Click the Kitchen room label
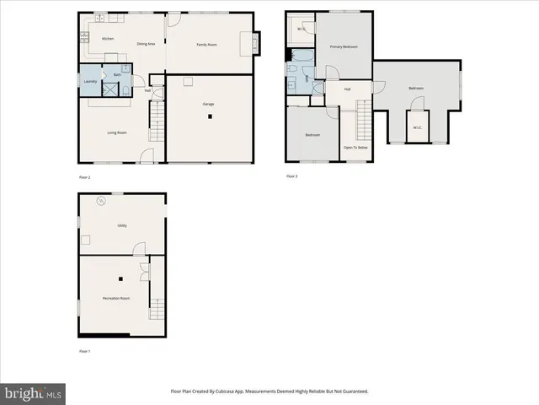(108, 39)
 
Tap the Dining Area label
(146, 43)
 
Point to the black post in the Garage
(208, 117)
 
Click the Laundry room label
(90, 81)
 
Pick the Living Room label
(116, 132)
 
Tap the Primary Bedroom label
(344, 46)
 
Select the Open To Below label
(355, 148)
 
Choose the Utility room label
(121, 225)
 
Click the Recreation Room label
(116, 299)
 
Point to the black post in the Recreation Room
(120, 278)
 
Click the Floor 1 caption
(84, 350)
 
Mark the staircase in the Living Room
(157, 125)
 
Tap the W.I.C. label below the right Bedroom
(417, 129)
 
